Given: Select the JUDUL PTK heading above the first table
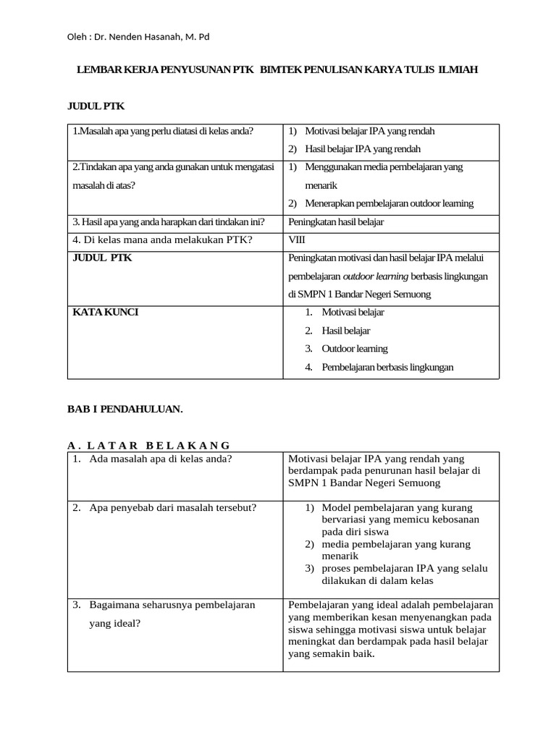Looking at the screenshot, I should [x=96, y=106].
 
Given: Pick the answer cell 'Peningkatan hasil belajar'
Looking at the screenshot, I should [x=336, y=222].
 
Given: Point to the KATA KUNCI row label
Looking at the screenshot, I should [x=105, y=312].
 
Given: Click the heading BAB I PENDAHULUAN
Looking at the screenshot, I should [x=125, y=409].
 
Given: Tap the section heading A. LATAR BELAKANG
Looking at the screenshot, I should [x=148, y=445].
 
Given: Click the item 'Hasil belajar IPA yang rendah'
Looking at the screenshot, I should [x=363, y=149].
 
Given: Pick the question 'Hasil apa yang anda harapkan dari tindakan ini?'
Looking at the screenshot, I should [x=168, y=222].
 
